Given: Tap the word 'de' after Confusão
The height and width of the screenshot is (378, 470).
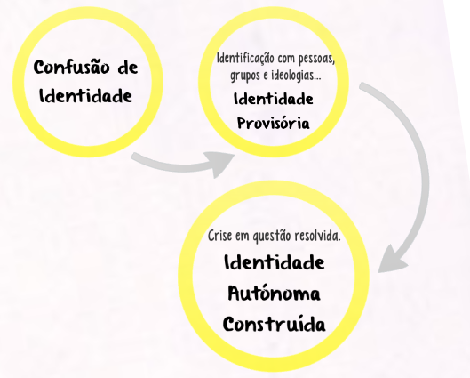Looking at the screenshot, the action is click(x=128, y=68).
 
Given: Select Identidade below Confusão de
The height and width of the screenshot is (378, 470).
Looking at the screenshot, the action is click(x=85, y=96).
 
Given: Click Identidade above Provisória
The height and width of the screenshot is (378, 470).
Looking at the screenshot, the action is click(x=274, y=99).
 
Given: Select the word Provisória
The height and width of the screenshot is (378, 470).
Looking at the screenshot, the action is click(x=274, y=124).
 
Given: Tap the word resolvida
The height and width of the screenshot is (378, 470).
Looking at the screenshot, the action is click(x=318, y=236).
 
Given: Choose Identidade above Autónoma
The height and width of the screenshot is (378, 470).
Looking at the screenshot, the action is click(x=275, y=262).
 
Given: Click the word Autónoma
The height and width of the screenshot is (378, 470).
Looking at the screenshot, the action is click(x=275, y=294).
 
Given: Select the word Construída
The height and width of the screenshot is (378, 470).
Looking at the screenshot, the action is click(x=275, y=324).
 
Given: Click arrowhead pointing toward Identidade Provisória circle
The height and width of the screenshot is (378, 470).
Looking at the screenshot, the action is click(x=220, y=164).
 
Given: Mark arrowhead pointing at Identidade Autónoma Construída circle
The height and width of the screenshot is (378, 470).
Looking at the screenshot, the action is click(x=391, y=261).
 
